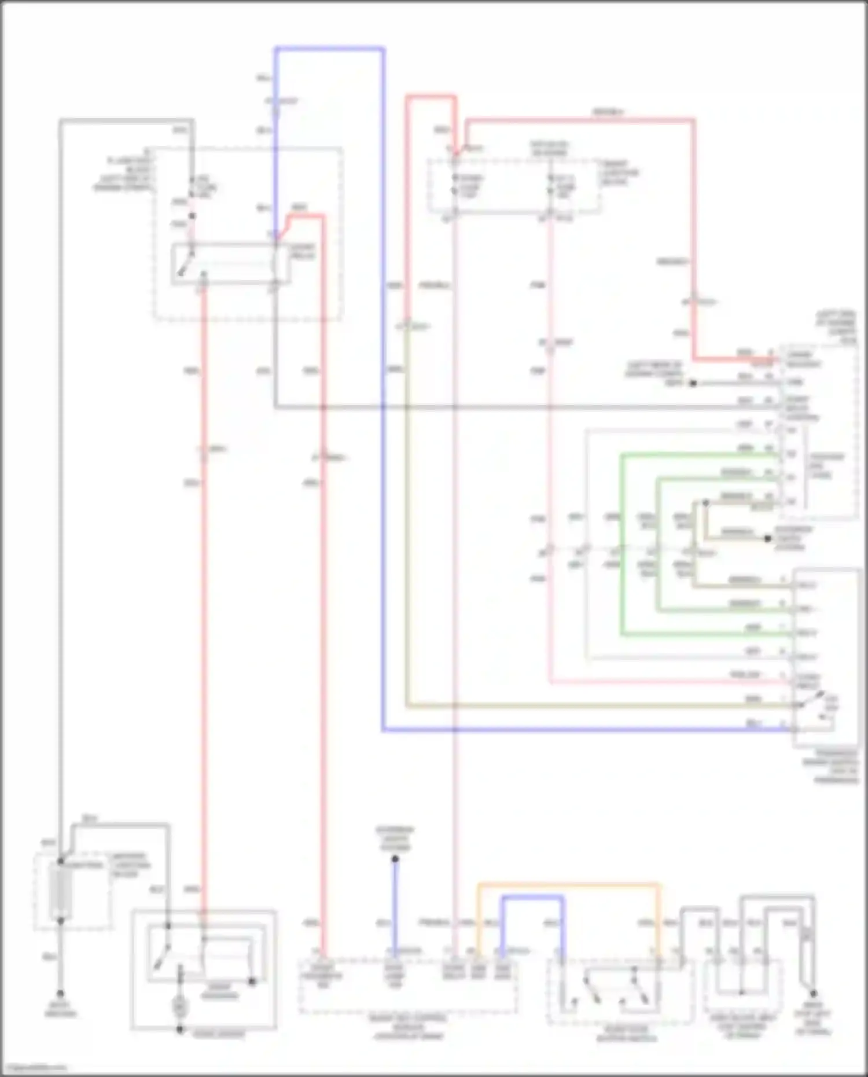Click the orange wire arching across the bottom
[567, 885]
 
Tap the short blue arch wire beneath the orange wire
[532, 898]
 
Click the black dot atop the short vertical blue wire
[395, 859]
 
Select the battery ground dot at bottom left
[60, 992]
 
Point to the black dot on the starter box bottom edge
[179, 1030]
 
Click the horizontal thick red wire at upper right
[579, 121]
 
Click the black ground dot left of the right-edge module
[692, 383]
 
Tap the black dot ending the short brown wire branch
[767, 538]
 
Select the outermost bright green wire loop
[622, 544]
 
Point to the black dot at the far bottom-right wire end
[813, 993]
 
